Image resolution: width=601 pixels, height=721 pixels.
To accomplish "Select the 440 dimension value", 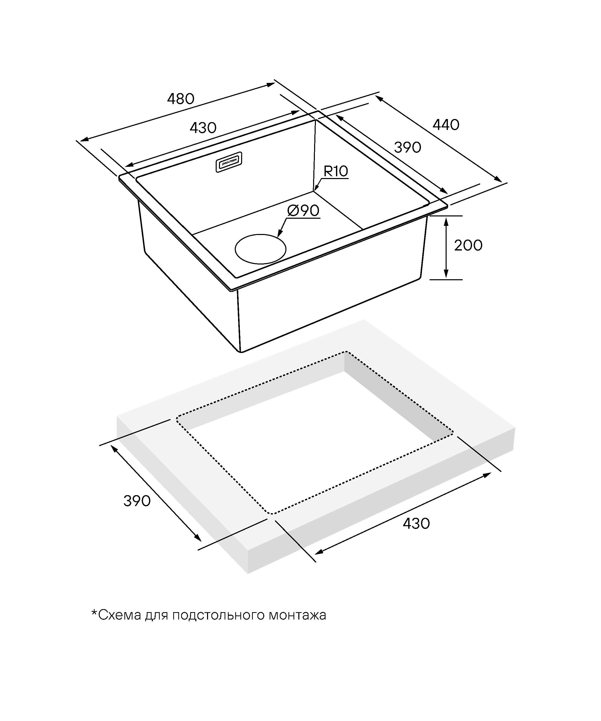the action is tap(446, 125).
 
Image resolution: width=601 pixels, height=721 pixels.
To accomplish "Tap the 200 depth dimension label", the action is tap(468, 245).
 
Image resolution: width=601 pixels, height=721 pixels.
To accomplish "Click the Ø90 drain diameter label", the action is tap(303, 211).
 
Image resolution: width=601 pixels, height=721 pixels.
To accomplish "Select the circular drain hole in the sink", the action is tap(260, 249).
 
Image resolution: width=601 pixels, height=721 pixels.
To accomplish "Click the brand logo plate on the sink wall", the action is tap(229, 162).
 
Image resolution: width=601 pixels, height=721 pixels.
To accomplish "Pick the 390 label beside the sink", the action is tap(407, 147).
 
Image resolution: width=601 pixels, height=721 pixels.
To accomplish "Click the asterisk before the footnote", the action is tap(94, 612).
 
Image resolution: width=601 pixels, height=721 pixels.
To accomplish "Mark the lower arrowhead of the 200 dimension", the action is tap(446, 274).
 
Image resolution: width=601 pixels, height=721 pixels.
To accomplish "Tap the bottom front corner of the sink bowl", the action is tap(241, 351).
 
